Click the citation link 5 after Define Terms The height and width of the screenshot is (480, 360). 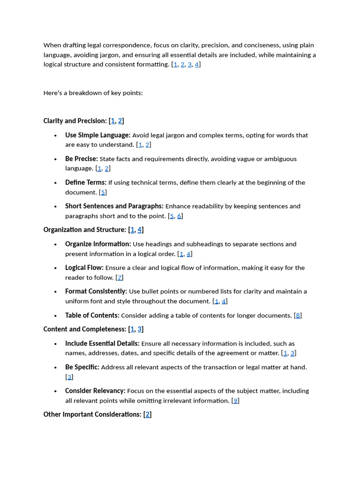point(103,192)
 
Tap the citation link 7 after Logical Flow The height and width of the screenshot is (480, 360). point(120,277)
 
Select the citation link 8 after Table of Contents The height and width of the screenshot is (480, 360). point(298,315)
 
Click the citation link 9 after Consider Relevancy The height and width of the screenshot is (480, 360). point(236,401)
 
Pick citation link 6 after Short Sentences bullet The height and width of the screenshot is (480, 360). point(180,216)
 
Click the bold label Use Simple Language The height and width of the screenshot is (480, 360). point(97,135)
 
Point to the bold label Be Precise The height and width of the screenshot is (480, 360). point(82,159)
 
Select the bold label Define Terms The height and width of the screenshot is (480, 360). point(86,182)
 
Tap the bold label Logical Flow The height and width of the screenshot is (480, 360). point(84,268)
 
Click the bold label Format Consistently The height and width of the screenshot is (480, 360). point(96,291)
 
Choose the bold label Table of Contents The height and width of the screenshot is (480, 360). point(92,315)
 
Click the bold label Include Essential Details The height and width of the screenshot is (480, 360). point(102,344)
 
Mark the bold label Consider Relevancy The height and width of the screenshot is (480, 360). point(95,391)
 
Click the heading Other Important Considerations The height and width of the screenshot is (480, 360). point(92,414)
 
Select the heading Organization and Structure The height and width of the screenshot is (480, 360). point(85,230)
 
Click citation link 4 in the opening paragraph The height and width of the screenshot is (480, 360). point(197,65)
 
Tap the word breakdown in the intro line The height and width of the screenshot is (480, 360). point(84,93)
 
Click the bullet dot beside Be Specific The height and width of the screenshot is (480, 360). point(55,367)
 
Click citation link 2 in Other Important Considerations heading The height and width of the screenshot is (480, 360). point(148,414)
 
